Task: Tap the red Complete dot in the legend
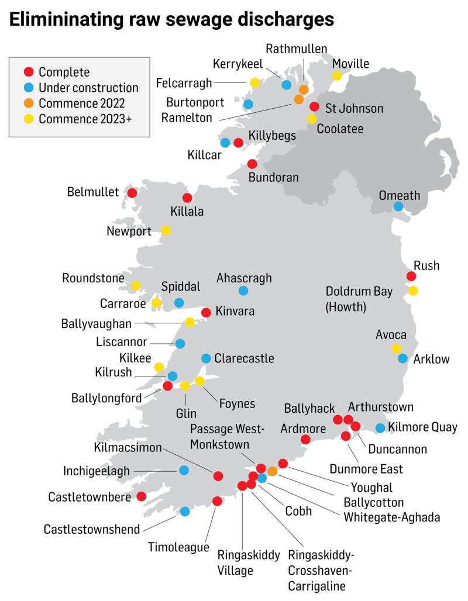[x=27, y=72]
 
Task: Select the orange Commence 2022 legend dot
[x=27, y=103]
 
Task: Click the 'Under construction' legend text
[x=88, y=88]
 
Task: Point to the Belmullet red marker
[x=132, y=192]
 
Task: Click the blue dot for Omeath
[x=398, y=206]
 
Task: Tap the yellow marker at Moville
[x=337, y=75]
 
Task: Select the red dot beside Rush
[x=411, y=276]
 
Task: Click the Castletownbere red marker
[x=141, y=496]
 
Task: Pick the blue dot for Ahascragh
[x=243, y=291]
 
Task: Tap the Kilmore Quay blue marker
[x=380, y=428]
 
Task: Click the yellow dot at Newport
[x=166, y=230]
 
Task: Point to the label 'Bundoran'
[x=274, y=177]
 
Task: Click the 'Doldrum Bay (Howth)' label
[x=359, y=299]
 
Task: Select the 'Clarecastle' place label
[x=244, y=358]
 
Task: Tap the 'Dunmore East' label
[x=366, y=469]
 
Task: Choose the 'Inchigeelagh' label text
[x=96, y=470]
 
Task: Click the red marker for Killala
[x=187, y=198]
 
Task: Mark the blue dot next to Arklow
[x=402, y=358]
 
